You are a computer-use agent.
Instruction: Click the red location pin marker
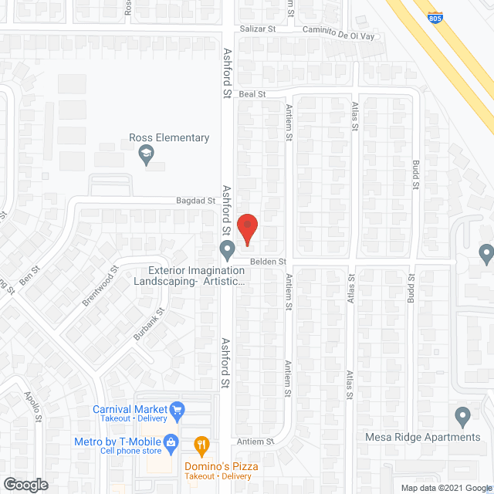coord(247,229)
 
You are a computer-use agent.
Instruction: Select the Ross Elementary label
coord(169,138)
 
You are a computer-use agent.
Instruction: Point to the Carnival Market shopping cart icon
coord(178,409)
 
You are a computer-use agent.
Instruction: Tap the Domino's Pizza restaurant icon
coord(201,444)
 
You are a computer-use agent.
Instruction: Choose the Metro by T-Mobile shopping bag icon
coord(172,442)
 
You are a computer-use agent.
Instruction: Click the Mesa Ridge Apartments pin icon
coord(462,417)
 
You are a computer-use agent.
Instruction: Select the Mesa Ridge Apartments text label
coord(422,437)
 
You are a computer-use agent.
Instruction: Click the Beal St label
coord(252,94)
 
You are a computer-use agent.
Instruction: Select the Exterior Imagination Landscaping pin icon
coord(227,250)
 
